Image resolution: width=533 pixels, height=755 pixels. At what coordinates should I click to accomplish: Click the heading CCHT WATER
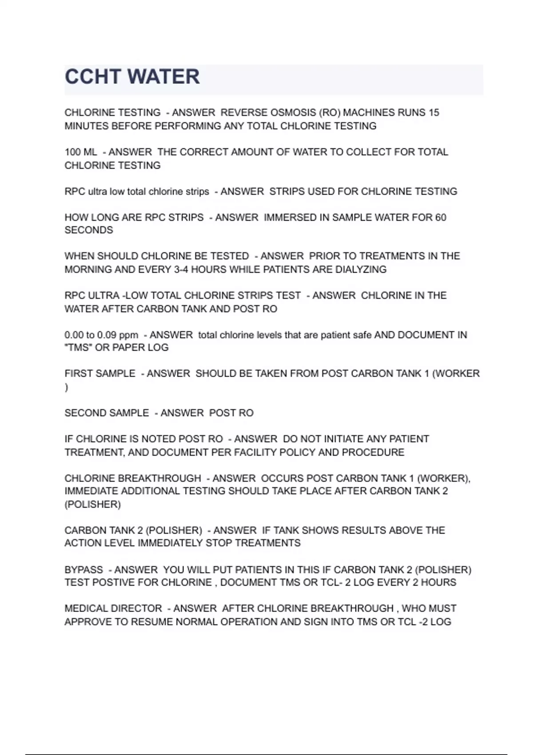point(132,77)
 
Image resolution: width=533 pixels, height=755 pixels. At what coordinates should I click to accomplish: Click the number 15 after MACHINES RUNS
point(434,113)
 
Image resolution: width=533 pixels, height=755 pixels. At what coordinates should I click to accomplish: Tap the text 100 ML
point(80,152)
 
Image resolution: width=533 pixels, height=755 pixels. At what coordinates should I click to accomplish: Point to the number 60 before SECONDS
point(441,218)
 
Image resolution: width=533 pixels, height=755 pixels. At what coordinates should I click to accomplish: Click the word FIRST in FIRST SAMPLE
point(78,374)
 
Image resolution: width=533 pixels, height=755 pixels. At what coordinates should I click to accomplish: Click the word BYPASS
point(84,570)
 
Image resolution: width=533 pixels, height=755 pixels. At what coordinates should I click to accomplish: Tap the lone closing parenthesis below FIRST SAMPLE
point(67,387)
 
